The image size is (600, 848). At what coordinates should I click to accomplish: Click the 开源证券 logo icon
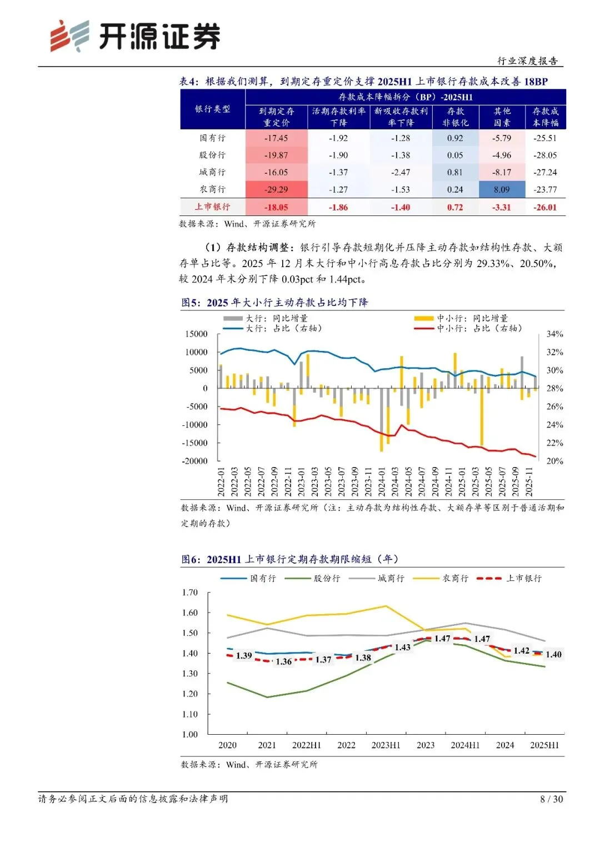69,36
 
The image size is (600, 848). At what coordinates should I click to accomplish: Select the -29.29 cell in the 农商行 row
276,190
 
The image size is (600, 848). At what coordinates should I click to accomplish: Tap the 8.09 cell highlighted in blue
501,190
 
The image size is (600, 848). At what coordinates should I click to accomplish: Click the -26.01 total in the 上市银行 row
545,208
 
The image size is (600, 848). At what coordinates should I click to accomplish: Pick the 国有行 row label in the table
212,138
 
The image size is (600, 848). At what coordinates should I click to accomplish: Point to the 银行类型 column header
212,109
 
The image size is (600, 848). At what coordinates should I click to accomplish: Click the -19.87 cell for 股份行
276,155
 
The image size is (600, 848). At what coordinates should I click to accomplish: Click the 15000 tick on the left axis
196,334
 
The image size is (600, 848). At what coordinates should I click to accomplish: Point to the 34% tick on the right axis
554,334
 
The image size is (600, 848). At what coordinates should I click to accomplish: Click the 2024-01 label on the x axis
382,481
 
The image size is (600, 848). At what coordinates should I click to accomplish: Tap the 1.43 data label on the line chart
402,648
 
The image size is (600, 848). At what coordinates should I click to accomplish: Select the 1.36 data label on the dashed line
283,662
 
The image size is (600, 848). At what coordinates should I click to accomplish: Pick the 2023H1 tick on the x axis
386,745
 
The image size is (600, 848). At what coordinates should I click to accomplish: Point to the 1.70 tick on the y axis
190,593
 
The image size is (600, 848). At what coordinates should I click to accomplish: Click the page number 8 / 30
551,799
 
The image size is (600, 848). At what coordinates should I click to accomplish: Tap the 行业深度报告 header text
527,61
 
